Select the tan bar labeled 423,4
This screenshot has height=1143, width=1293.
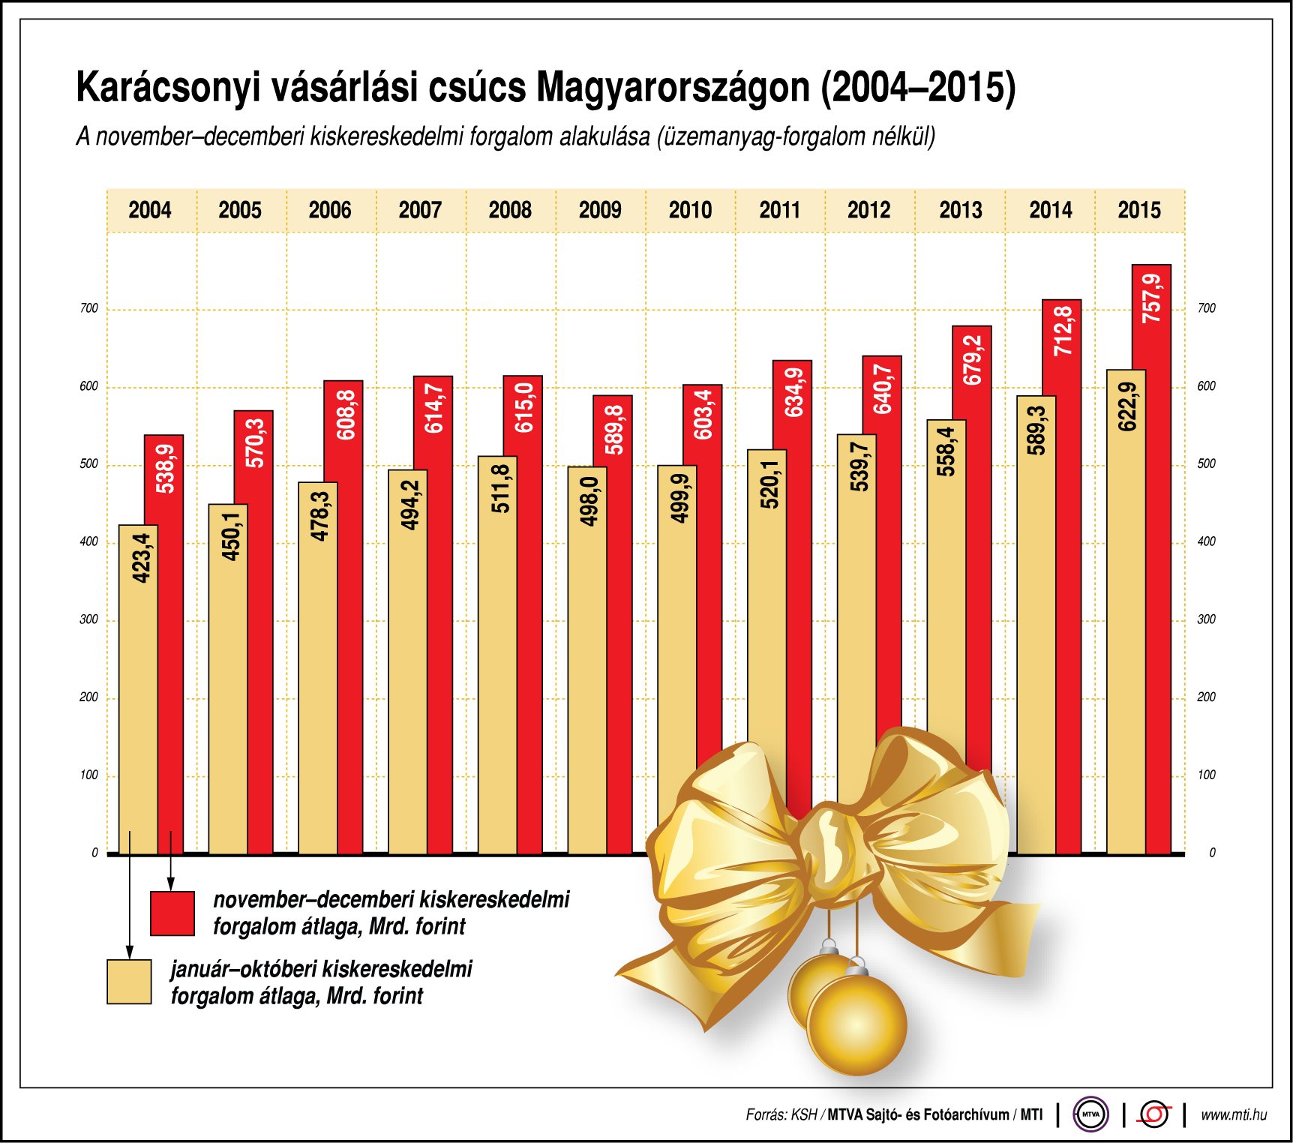[x=138, y=690]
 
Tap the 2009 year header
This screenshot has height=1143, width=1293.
[x=600, y=210]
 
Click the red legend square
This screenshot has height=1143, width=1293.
[x=172, y=913]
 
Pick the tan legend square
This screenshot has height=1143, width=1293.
[x=129, y=982]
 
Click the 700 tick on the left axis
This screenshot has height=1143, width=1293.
[x=89, y=308]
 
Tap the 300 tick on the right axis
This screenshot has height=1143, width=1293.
[x=1206, y=619]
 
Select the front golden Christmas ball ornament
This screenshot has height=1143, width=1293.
[x=857, y=1024]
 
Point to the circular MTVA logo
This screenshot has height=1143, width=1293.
[x=1090, y=1114]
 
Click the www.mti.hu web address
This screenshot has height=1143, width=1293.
[x=1234, y=1115]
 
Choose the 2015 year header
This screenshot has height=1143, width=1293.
[x=1139, y=210]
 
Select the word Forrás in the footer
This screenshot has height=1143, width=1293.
[x=766, y=1115]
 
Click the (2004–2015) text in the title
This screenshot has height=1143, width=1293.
[x=918, y=88]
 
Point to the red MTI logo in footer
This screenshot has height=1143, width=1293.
[x=1153, y=1114]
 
